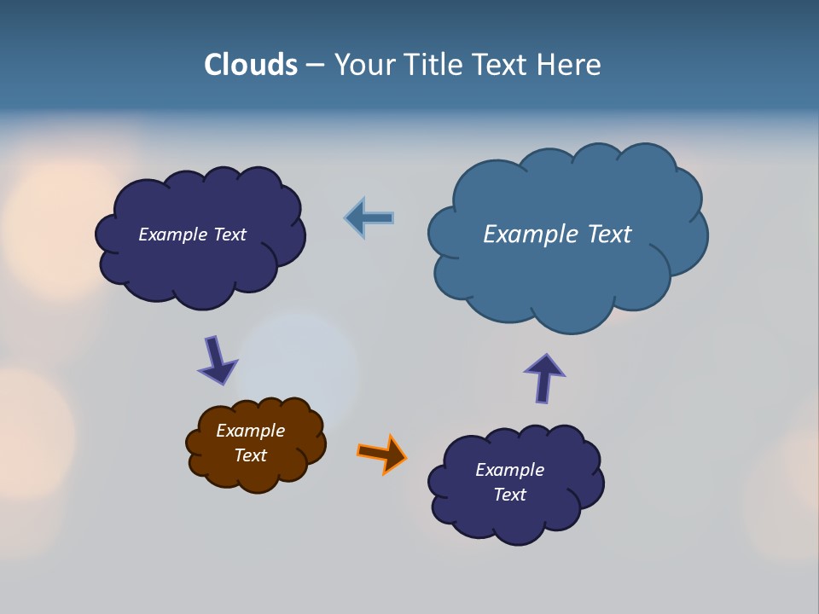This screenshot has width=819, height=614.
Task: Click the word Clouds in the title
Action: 251,65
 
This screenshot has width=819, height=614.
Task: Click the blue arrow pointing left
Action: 369,218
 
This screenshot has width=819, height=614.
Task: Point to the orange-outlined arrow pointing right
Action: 382,454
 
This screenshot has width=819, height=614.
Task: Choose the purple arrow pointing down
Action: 217,361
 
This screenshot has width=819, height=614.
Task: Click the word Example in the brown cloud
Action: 250,431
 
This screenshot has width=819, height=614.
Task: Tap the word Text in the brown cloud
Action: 250,455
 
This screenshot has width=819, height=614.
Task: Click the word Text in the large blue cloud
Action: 608,234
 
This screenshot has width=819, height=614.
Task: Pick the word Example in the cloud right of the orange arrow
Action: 509,470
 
